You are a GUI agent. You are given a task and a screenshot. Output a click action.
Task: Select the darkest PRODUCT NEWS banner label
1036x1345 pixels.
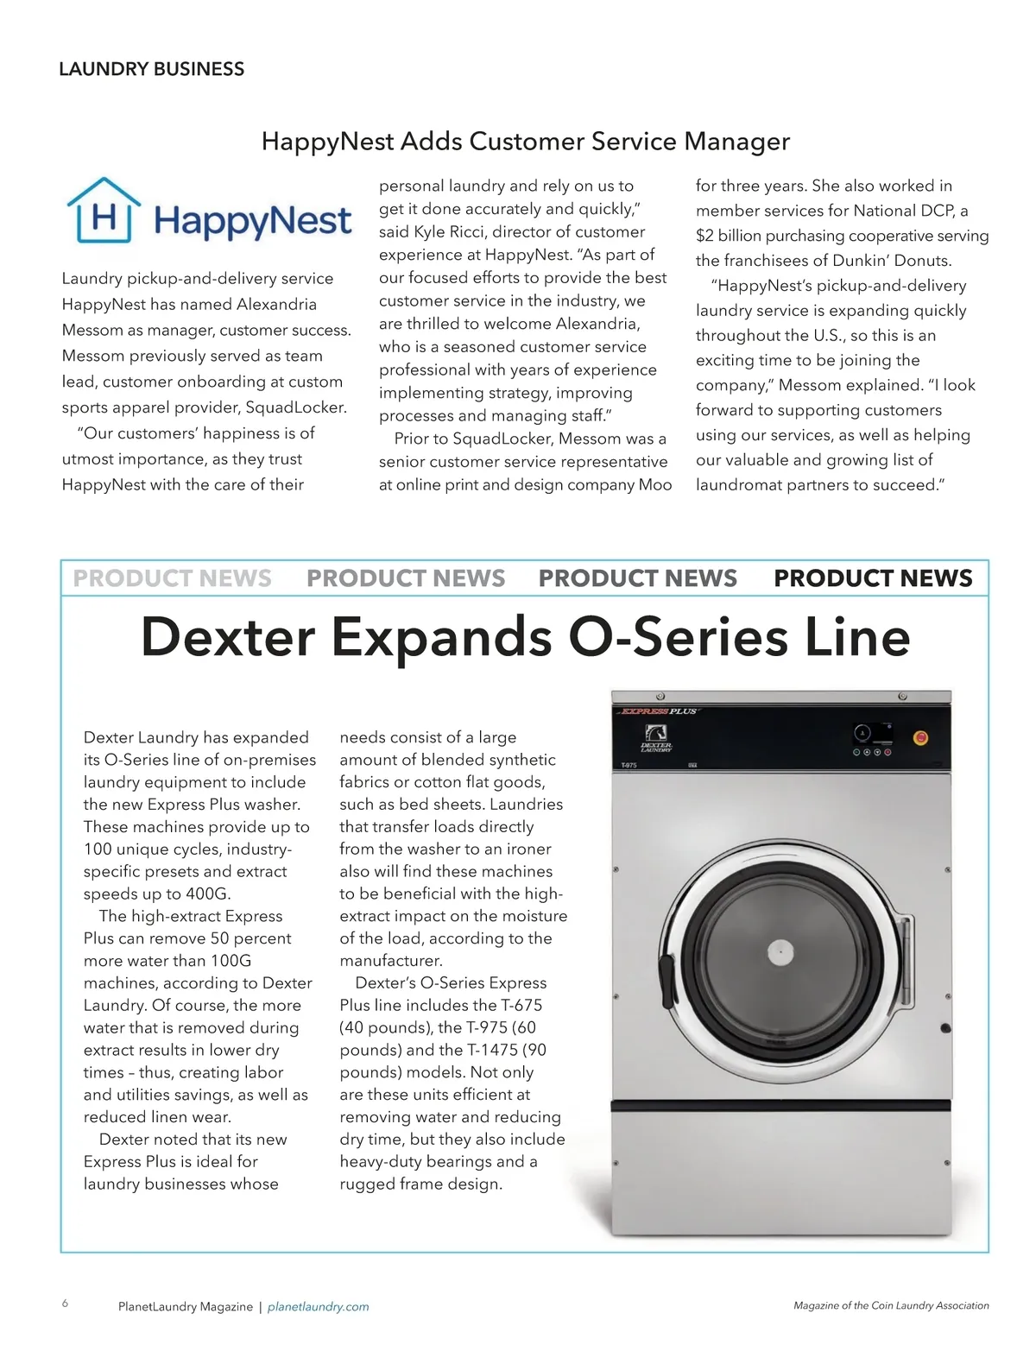[873, 578]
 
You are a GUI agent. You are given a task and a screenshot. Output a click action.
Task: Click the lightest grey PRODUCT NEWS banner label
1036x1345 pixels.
[172, 578]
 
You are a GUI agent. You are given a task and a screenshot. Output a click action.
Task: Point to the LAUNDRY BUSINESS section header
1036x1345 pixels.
[151, 69]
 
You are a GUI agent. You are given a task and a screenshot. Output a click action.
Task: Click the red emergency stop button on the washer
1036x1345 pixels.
[920, 737]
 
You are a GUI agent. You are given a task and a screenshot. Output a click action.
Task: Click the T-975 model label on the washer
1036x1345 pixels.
[629, 766]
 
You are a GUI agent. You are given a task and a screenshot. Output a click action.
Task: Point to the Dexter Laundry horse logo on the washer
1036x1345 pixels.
[656, 746]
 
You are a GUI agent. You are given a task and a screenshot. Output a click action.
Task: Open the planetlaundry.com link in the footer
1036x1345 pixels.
[318, 1307]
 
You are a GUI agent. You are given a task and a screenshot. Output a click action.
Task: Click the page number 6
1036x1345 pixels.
[65, 1304]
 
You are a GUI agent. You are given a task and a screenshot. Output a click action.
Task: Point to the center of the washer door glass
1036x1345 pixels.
[780, 953]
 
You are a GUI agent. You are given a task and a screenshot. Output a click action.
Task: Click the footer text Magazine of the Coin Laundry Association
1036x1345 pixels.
[891, 1305]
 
